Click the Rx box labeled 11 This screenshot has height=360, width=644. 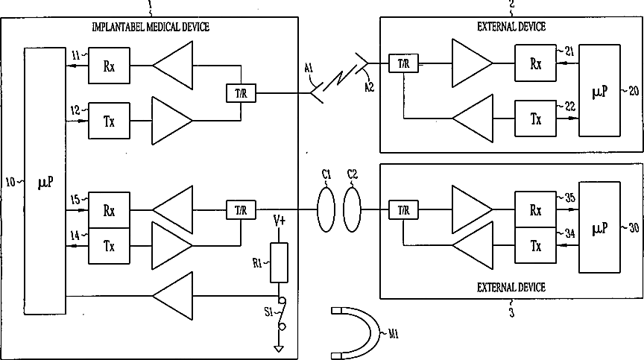(x=109, y=65)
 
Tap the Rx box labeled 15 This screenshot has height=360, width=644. (x=109, y=211)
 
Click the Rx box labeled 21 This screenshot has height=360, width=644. (x=535, y=64)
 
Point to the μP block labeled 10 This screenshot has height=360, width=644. (x=44, y=180)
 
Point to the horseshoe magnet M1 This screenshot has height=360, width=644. (x=356, y=332)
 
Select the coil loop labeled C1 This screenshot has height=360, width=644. (x=326, y=211)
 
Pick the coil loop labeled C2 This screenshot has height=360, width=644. (x=353, y=211)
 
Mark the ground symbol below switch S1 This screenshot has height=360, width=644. (x=278, y=347)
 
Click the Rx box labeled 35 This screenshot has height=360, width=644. (x=535, y=211)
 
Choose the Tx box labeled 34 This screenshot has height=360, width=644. (x=535, y=244)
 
